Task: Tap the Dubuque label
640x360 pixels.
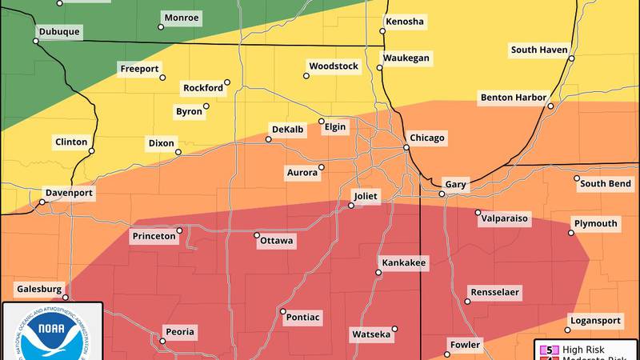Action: tap(59, 33)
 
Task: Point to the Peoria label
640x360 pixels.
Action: tap(179, 331)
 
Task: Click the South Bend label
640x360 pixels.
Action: tap(606, 183)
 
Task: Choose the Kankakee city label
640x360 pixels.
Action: tap(404, 262)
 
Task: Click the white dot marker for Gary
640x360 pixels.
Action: tap(442, 194)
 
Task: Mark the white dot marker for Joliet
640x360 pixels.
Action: tap(350, 206)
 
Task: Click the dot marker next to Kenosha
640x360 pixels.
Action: tap(382, 32)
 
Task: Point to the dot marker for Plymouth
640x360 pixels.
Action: tap(571, 233)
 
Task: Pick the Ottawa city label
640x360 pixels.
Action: tap(276, 241)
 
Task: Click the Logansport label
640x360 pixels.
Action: tap(594, 321)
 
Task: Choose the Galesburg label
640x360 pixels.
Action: tap(38, 289)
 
